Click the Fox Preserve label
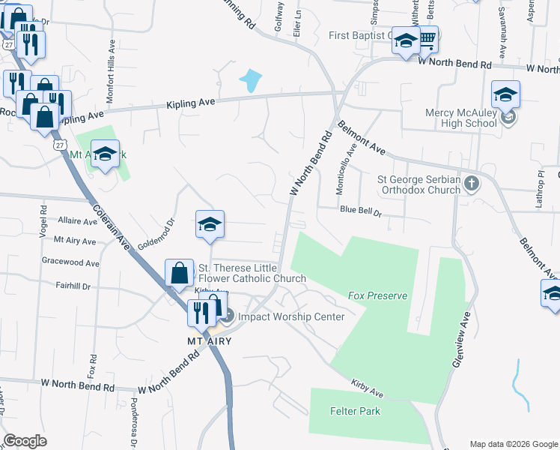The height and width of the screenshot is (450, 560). coord(377,296)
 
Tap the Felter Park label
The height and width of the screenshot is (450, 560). coord(355,411)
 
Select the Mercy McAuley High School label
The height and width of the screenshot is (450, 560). coord(460,118)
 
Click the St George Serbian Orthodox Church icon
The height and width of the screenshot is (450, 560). coord(472,184)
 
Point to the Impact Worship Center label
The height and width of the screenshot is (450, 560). coord(291,316)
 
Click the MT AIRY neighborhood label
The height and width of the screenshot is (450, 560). coord(209,341)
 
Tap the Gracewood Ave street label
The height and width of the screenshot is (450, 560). coord(71,264)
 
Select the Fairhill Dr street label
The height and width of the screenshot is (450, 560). coord(73,286)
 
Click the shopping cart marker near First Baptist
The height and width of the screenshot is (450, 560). coord(426,39)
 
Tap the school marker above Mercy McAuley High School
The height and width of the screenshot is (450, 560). coord(505,94)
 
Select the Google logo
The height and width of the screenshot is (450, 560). coord(25,441)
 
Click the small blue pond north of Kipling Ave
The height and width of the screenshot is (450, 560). coord(252,78)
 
